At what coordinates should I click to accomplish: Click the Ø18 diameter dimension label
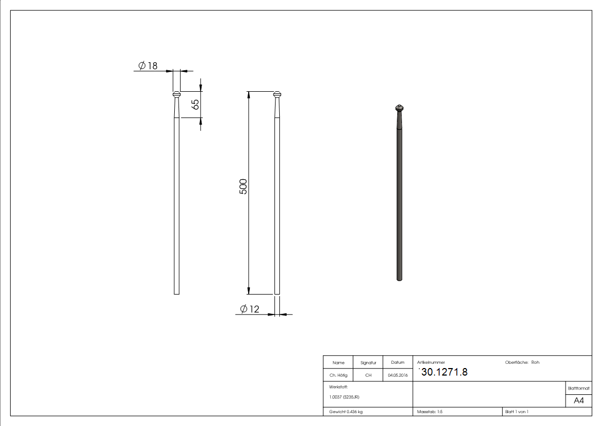pyautogui.click(x=148, y=65)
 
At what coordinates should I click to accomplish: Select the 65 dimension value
pyautogui.click(x=196, y=104)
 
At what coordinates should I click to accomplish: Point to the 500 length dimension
pyautogui.click(x=243, y=186)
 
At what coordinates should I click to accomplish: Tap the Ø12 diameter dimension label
pyautogui.click(x=249, y=309)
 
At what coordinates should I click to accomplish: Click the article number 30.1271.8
pyautogui.click(x=444, y=372)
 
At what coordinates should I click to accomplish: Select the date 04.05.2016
pyautogui.click(x=398, y=375)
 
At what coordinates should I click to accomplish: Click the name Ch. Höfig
pyautogui.click(x=338, y=375)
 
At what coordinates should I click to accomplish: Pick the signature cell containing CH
pyautogui.click(x=368, y=375)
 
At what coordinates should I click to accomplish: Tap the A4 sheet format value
pyautogui.click(x=579, y=401)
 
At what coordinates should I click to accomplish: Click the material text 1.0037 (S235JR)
pyautogui.click(x=344, y=396)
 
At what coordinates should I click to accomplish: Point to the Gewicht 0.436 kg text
pyautogui.click(x=346, y=412)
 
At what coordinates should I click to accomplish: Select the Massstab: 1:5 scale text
pyautogui.click(x=430, y=412)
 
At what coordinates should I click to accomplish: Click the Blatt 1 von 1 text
pyautogui.click(x=516, y=412)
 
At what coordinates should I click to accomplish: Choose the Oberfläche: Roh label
pyautogui.click(x=522, y=362)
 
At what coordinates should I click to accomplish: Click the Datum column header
pyautogui.click(x=398, y=363)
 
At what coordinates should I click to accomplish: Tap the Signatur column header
pyautogui.click(x=368, y=363)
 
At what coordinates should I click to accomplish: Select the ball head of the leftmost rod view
pyautogui.click(x=176, y=94)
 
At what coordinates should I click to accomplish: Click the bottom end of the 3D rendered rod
pyautogui.click(x=399, y=278)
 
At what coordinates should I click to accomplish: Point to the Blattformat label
pyautogui.click(x=578, y=388)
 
